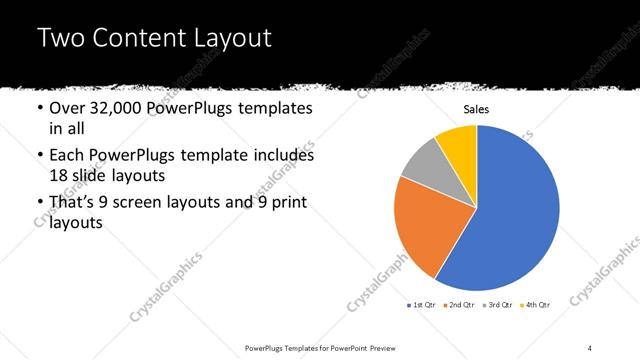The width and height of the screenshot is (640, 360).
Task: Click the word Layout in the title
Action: click(x=236, y=39)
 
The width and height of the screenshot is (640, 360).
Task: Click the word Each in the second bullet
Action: click(x=67, y=156)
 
